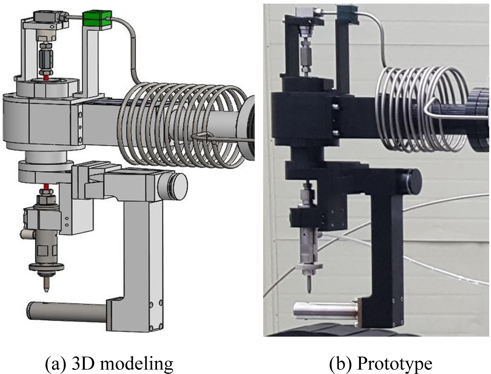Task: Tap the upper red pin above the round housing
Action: pyautogui.click(x=46, y=77)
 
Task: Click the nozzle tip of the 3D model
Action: pyautogui.click(x=46, y=290)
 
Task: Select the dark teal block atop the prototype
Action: pyautogui.click(x=348, y=14)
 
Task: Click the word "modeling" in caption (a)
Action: pyautogui.click(x=136, y=364)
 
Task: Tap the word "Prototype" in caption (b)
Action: pyautogui.click(x=395, y=363)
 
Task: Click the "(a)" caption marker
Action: pyautogui.click(x=55, y=364)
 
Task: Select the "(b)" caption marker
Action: pyautogui.click(x=339, y=363)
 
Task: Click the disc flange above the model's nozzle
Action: pyautogui.click(x=46, y=267)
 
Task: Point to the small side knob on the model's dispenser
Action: pyautogui.click(x=27, y=234)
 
